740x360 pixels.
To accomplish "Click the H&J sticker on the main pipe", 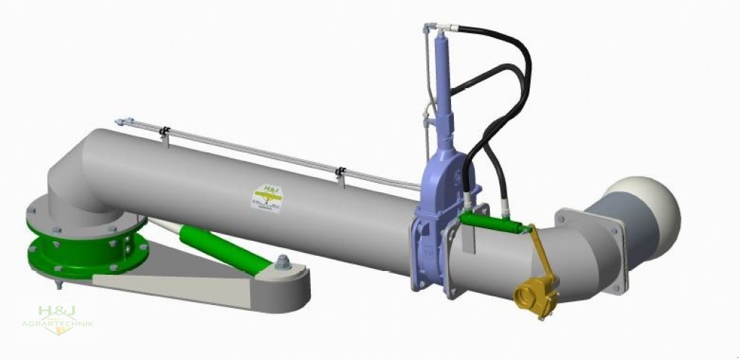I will click(266, 197).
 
